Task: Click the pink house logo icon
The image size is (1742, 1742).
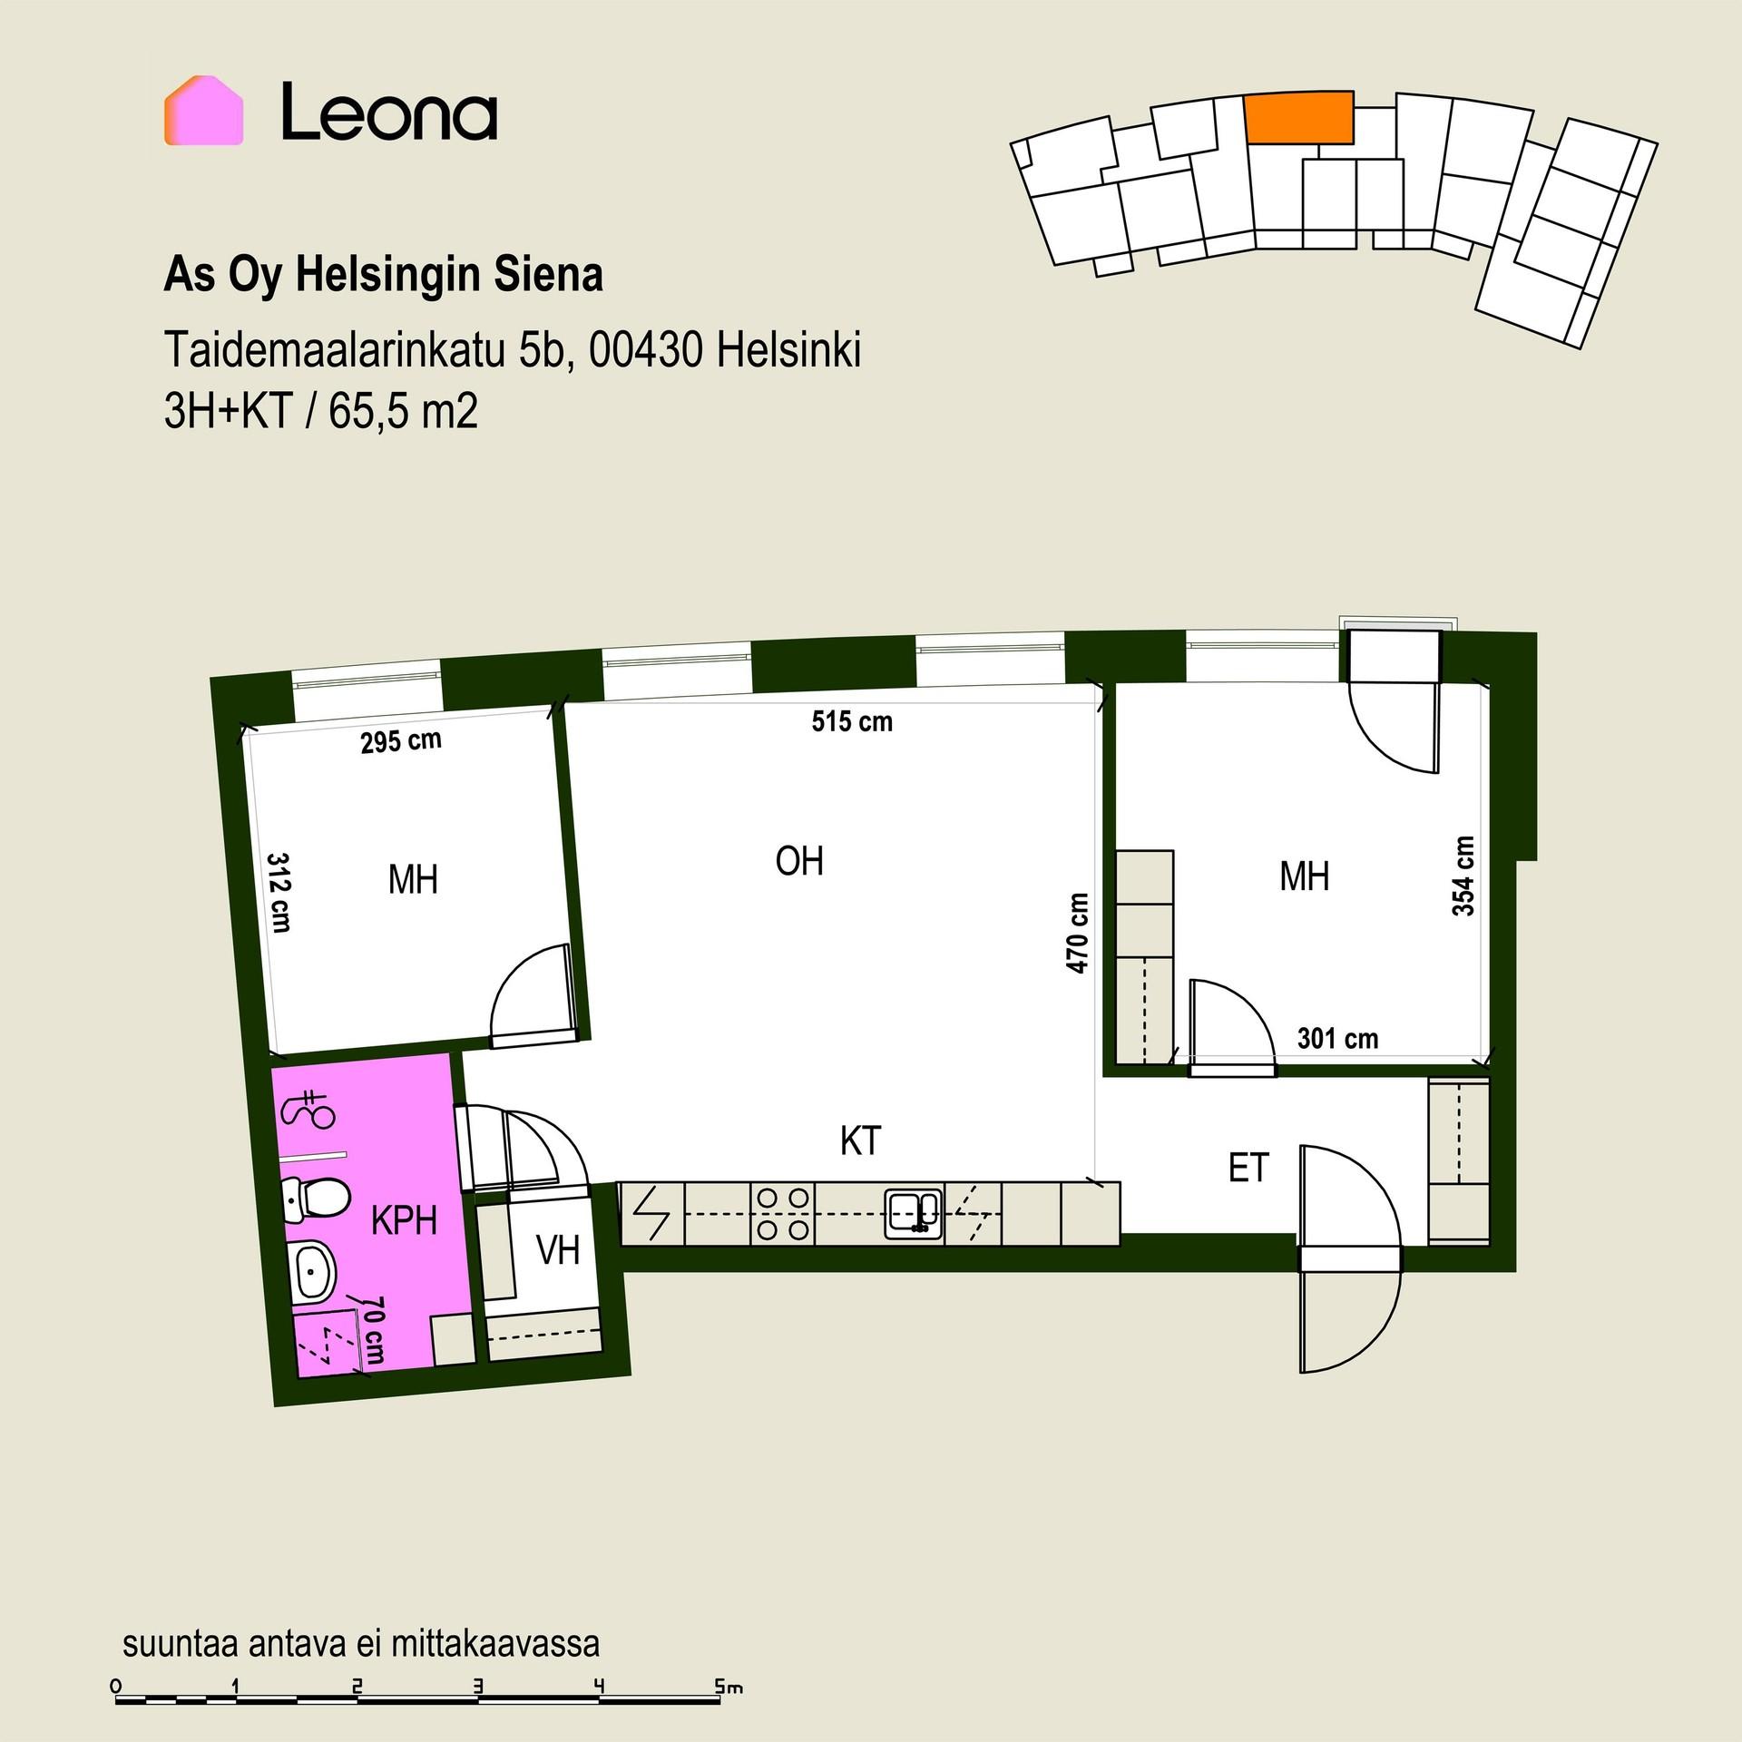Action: [203, 111]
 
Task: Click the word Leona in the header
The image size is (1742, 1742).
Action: [389, 112]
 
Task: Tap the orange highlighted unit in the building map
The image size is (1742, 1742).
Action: [1299, 118]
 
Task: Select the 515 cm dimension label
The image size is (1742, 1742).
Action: [852, 722]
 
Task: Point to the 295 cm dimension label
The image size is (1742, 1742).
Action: [401, 741]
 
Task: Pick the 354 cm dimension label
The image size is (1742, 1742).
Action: [1463, 876]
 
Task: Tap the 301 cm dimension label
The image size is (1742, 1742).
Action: [1337, 1039]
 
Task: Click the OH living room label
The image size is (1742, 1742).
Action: [799, 861]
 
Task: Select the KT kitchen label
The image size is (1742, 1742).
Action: [860, 1141]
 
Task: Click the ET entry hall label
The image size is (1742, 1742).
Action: [1248, 1169]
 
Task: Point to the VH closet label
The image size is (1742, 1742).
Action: [558, 1250]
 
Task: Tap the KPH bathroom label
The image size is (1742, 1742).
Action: [405, 1221]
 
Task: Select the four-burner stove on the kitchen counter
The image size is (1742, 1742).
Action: [783, 1214]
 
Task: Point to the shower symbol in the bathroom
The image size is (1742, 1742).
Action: [309, 1109]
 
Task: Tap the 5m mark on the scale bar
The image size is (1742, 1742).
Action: [729, 1688]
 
